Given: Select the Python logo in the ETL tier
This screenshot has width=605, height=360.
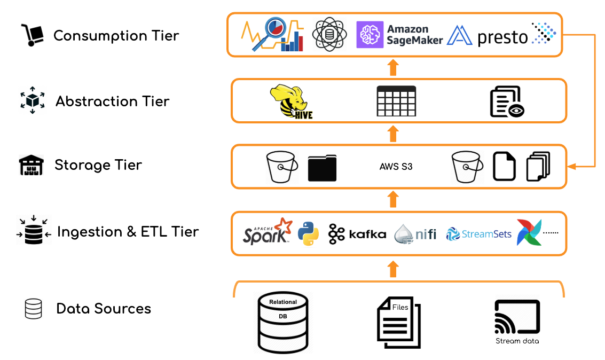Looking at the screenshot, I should point(308,233).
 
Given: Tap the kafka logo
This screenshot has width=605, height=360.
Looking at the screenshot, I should point(357,234).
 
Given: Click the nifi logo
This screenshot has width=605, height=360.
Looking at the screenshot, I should point(415,234).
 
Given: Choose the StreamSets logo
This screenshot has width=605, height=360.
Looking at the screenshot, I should point(478,234).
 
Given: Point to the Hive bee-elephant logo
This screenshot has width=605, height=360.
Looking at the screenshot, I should point(292,101).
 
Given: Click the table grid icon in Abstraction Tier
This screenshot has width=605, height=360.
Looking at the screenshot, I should point(396,101).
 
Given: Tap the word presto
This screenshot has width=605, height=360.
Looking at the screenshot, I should point(502,37).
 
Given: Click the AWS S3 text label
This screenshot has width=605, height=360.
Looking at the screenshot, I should point(396,167).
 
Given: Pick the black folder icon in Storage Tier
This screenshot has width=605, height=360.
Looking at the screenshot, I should point(322,167).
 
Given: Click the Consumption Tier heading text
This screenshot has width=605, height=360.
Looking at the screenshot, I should point(116,36).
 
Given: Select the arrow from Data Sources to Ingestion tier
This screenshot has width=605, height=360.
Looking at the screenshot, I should point(393,269).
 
